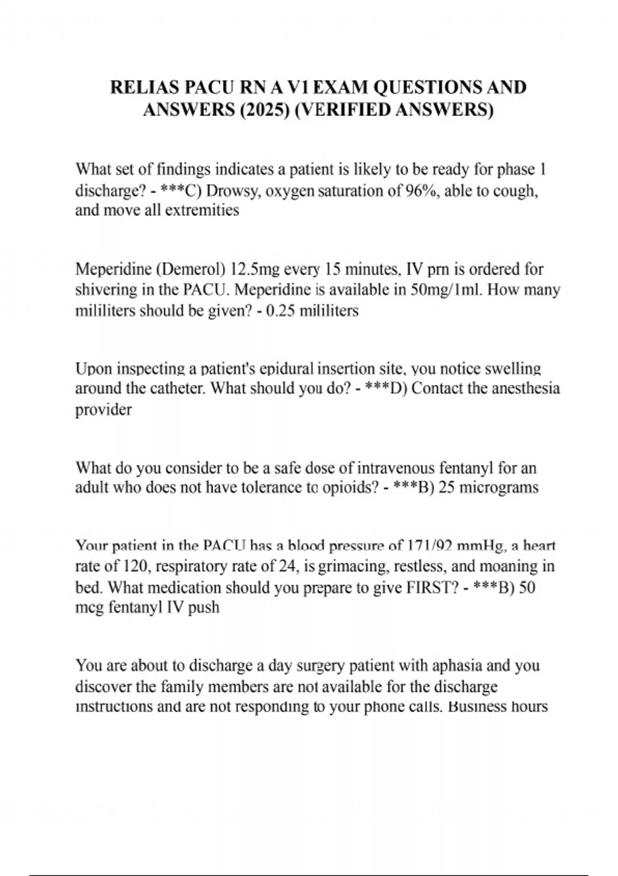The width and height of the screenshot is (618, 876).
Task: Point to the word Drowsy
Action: [x=233, y=191]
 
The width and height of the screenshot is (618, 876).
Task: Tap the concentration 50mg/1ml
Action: [x=446, y=290]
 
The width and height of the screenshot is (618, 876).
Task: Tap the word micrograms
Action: [x=499, y=487]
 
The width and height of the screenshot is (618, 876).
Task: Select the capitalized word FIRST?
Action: [x=432, y=587]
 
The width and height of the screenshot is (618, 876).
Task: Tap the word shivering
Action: [x=107, y=290]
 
